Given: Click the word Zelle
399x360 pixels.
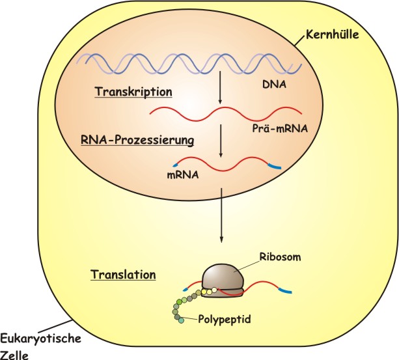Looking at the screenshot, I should [15, 354].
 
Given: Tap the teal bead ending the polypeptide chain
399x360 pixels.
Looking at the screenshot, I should [182, 322].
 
